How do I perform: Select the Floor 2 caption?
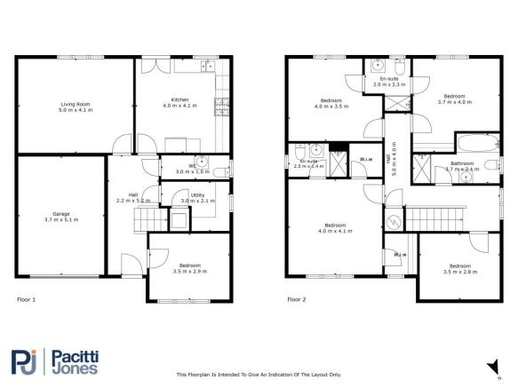pyautogui.click(x=296, y=299)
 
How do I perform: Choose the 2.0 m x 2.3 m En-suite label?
pyautogui.click(x=388, y=82)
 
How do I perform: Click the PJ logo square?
pyautogui.click(x=25, y=362)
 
